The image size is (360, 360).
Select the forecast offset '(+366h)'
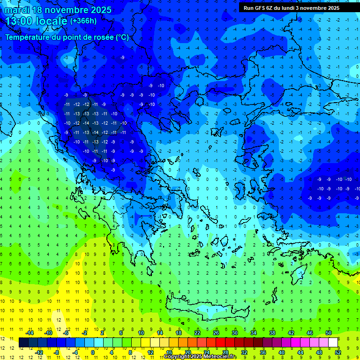point(83,21)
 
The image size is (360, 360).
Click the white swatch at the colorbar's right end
point(333,343)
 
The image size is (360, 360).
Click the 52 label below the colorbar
point(338,352)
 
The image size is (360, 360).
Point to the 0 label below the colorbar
point(93,352)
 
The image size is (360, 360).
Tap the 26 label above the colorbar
point(216,333)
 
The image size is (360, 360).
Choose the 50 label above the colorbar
point(329,333)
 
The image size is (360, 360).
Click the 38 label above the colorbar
point(272,333)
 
